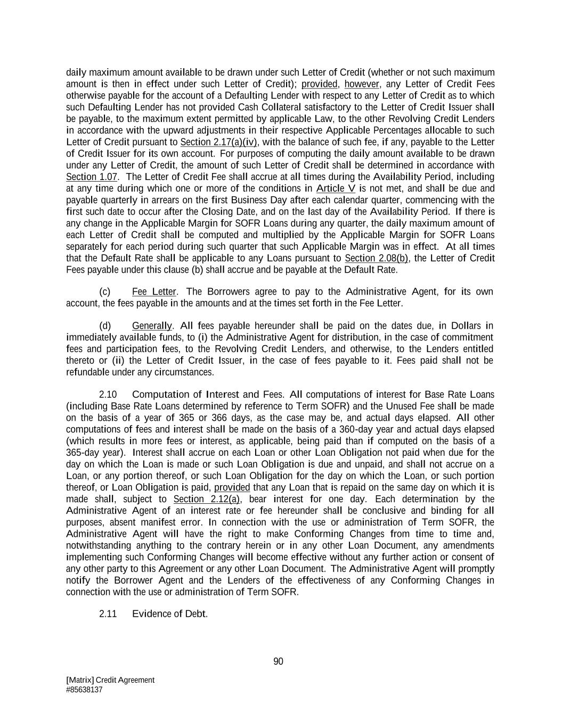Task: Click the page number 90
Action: click(x=278, y=661)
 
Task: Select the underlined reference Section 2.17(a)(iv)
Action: click(x=218, y=142)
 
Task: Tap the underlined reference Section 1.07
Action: click(x=91, y=177)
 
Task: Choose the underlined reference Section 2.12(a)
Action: click(x=207, y=499)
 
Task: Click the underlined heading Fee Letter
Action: click(x=154, y=292)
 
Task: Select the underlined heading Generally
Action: click(x=152, y=326)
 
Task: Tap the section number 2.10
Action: click(x=108, y=395)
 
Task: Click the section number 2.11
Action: click(x=108, y=614)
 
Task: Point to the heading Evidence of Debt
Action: click(x=169, y=614)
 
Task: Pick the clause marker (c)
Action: click(x=105, y=292)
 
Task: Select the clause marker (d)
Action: click(x=105, y=326)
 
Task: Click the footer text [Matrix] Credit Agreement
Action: click(x=110, y=680)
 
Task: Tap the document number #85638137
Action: click(x=84, y=690)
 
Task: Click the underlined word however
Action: click(x=362, y=84)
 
